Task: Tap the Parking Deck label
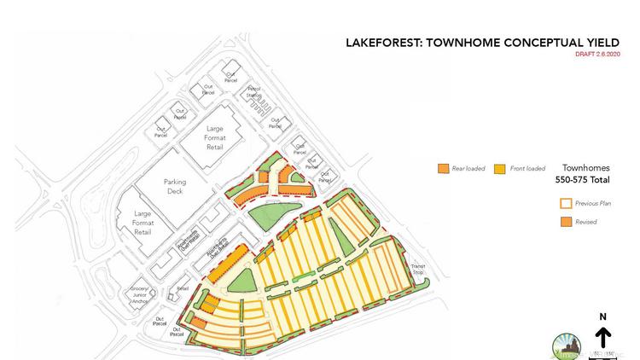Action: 174,186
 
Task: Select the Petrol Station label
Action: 254,91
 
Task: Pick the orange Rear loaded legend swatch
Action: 443,168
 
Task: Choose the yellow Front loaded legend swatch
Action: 500,168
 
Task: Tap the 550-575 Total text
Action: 584,181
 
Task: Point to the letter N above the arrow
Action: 602,316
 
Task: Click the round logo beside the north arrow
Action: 567,341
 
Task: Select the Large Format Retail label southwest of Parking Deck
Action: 142,223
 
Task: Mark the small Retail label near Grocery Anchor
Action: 182,289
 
